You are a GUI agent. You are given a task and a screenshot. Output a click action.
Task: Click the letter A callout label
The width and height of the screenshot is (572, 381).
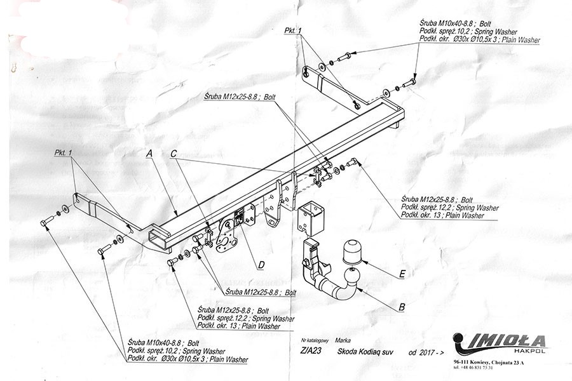(149, 154)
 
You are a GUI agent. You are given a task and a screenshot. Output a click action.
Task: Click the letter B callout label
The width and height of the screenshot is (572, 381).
(402, 308)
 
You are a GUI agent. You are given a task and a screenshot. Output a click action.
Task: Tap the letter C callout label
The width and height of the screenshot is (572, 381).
(173, 154)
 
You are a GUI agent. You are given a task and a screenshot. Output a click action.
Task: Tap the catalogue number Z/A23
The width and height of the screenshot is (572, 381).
(307, 351)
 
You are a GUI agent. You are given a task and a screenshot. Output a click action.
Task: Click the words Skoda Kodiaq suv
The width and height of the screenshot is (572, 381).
(360, 351)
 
